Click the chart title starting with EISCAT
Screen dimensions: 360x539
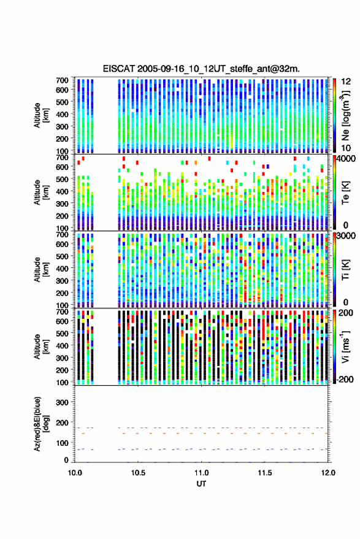(201, 69)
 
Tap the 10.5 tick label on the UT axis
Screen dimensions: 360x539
(138, 473)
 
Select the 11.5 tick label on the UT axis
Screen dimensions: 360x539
(264, 473)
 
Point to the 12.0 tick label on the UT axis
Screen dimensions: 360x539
(328, 473)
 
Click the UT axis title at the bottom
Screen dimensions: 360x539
(201, 484)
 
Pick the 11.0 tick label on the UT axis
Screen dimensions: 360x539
(201, 473)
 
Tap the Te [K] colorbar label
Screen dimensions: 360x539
(345, 193)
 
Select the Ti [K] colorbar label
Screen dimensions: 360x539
(345, 270)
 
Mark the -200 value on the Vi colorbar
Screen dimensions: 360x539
(345, 379)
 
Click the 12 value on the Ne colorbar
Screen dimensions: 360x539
(347, 82)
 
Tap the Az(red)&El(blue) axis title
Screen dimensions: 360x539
(40, 424)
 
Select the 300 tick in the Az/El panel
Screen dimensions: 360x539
(62, 402)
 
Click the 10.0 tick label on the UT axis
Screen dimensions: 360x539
(75, 473)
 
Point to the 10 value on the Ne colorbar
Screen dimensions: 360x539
(346, 148)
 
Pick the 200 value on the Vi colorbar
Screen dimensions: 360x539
(346, 313)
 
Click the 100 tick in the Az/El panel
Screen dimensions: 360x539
(62, 443)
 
